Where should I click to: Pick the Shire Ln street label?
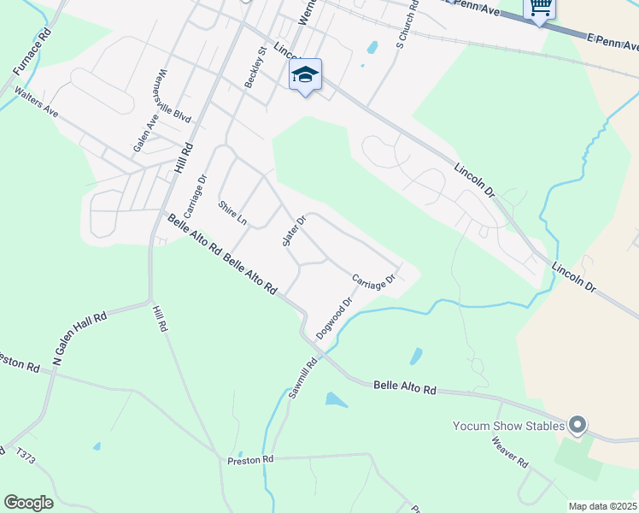coord(232,213)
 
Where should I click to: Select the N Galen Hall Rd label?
coord(79,339)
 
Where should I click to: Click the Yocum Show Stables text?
coord(508,426)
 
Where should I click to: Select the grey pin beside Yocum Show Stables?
coord(577,424)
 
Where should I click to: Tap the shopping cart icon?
coord(540,8)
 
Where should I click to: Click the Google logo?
coord(28,503)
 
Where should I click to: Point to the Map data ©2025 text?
coord(601,506)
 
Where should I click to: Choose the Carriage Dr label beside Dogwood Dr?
coord(373,280)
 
